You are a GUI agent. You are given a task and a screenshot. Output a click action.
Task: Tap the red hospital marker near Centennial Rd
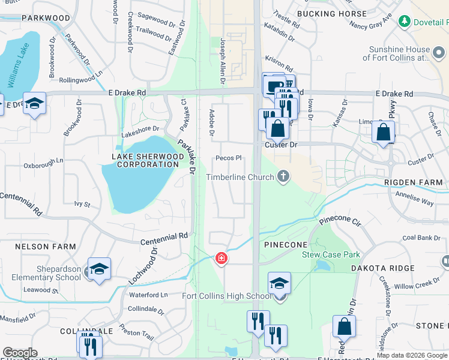pos(221,258)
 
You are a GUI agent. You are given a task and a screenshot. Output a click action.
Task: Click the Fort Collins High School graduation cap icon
pos(279,283)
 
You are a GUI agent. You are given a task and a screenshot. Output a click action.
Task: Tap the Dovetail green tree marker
pos(404,22)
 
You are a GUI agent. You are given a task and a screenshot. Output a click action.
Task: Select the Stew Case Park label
pos(331,254)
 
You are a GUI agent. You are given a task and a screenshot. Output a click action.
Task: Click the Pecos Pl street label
pos(229,158)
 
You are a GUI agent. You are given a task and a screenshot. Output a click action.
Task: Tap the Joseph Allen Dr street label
pos(223,55)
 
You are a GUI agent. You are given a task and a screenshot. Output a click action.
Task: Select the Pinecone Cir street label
pos(340,221)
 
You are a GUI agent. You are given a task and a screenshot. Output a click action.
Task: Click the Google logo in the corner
pos(20,353)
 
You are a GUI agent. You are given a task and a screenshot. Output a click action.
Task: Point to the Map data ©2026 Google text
pos(412,355)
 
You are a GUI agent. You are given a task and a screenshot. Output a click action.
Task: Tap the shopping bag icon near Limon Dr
pos(383,131)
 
